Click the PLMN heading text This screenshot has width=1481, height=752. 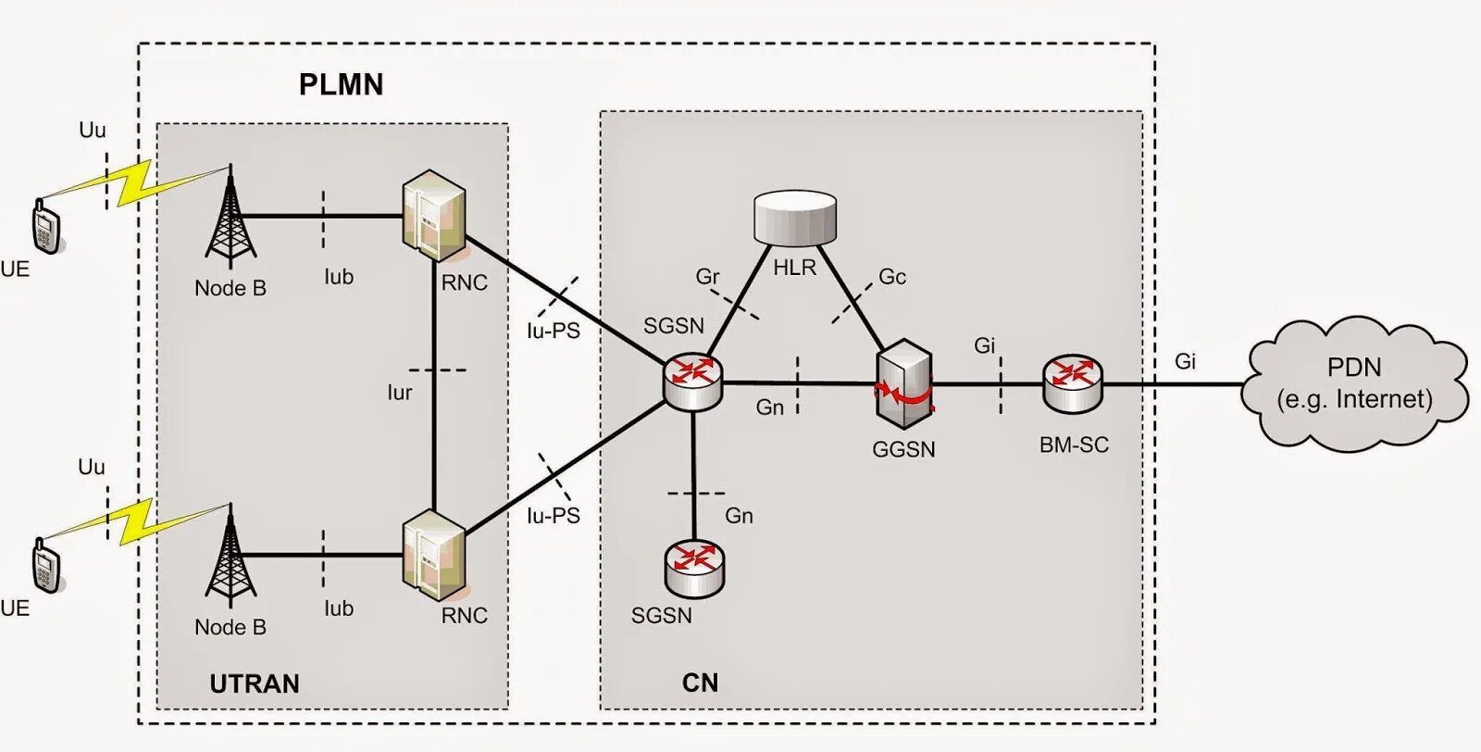click(x=341, y=85)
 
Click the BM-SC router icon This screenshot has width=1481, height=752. click(x=1073, y=382)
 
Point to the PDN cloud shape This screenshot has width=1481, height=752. click(x=1354, y=383)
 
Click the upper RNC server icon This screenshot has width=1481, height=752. click(x=433, y=215)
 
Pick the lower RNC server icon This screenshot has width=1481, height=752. click(x=433, y=554)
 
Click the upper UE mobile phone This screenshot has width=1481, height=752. click(x=46, y=226)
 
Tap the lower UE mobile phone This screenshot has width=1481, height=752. click(x=46, y=565)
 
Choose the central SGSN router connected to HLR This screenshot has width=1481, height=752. click(x=692, y=382)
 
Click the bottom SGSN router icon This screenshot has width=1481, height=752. click(x=694, y=568)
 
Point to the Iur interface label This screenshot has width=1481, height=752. click(x=400, y=393)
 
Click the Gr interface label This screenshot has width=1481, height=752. click(x=707, y=276)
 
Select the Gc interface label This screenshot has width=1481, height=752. click(x=892, y=276)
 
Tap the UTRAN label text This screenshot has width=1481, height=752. click(x=255, y=683)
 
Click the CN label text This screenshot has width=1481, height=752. click(x=700, y=683)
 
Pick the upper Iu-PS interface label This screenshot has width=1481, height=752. click(x=554, y=331)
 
